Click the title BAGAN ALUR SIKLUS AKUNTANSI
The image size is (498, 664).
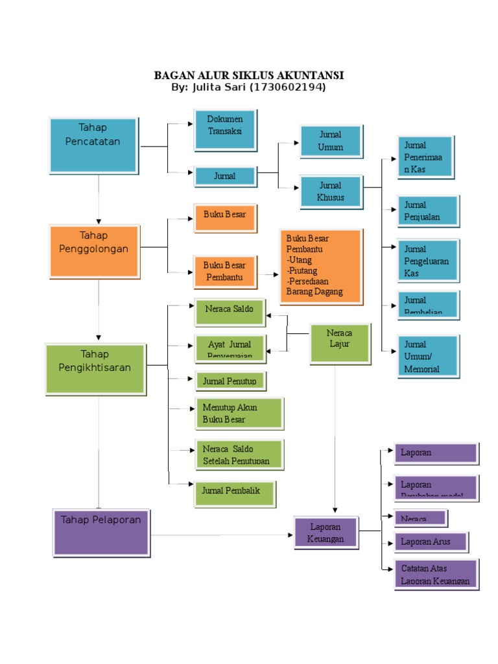pos(248,75)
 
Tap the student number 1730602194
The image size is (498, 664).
pos(287,88)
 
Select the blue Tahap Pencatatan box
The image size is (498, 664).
pos(94,145)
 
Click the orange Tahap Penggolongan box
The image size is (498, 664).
pos(94,250)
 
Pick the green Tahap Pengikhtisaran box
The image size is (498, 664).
pos(95,369)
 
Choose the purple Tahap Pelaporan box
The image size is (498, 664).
pos(101,532)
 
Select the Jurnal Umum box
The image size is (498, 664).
pos(331,141)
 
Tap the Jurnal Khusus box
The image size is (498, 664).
pos(331,192)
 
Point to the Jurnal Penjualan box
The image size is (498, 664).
pos(429,211)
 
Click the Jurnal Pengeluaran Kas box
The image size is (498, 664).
pos(429,261)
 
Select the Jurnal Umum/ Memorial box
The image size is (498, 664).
pos(429,356)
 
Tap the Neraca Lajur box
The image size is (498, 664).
pos(340,343)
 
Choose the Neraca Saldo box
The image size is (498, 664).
pos(230,312)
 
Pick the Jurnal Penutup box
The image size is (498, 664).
pos(230,381)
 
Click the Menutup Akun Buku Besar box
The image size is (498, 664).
pos(239,414)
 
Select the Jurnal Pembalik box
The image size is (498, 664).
pos(234,493)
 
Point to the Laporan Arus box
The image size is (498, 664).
pos(431,542)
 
